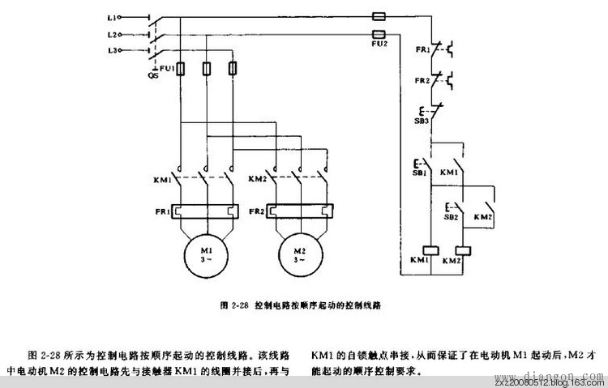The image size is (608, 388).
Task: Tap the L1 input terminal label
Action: pyautogui.click(x=113, y=15)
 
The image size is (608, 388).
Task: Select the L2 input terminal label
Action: pyautogui.click(x=113, y=34)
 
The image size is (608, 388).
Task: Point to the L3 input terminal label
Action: pyautogui.click(x=113, y=51)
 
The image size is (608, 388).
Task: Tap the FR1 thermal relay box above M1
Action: pyautogui.click(x=205, y=212)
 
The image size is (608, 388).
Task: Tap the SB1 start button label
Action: pyautogui.click(x=420, y=173)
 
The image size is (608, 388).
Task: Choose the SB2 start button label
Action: pyautogui.click(x=451, y=217)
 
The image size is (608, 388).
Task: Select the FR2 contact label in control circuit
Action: pyautogui.click(x=422, y=82)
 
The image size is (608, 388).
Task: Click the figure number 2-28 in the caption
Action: pyautogui.click(x=238, y=306)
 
